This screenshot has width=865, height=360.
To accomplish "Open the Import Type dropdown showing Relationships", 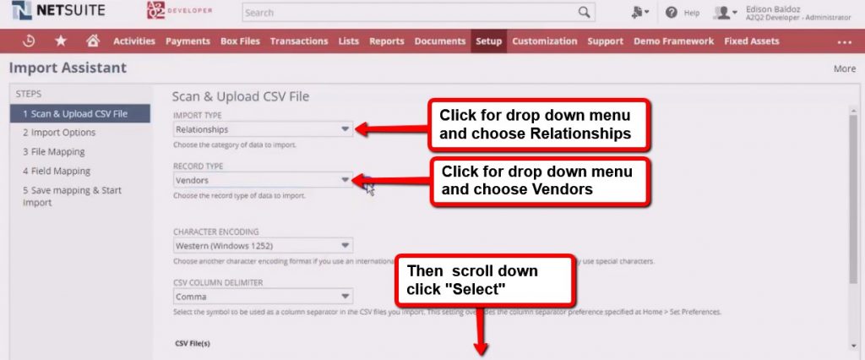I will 262,129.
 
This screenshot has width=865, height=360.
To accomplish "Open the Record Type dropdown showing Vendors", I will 262,180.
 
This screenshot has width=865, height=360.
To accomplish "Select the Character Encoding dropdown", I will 262,246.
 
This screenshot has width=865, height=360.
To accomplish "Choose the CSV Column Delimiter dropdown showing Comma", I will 262,297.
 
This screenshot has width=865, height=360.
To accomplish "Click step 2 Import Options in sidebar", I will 59,133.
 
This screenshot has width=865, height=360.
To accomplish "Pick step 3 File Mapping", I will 54,152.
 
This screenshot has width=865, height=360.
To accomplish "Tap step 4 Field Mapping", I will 57,172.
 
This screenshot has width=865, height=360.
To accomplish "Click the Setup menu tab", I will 488,41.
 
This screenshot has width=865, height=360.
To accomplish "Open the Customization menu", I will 545,41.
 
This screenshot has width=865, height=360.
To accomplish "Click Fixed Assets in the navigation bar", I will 753,41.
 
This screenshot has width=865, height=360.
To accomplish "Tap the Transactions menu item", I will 299,41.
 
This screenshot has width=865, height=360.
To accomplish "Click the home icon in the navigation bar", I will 93,41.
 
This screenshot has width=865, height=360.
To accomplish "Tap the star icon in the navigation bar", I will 61,41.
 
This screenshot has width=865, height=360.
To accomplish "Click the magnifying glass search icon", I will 584,13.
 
